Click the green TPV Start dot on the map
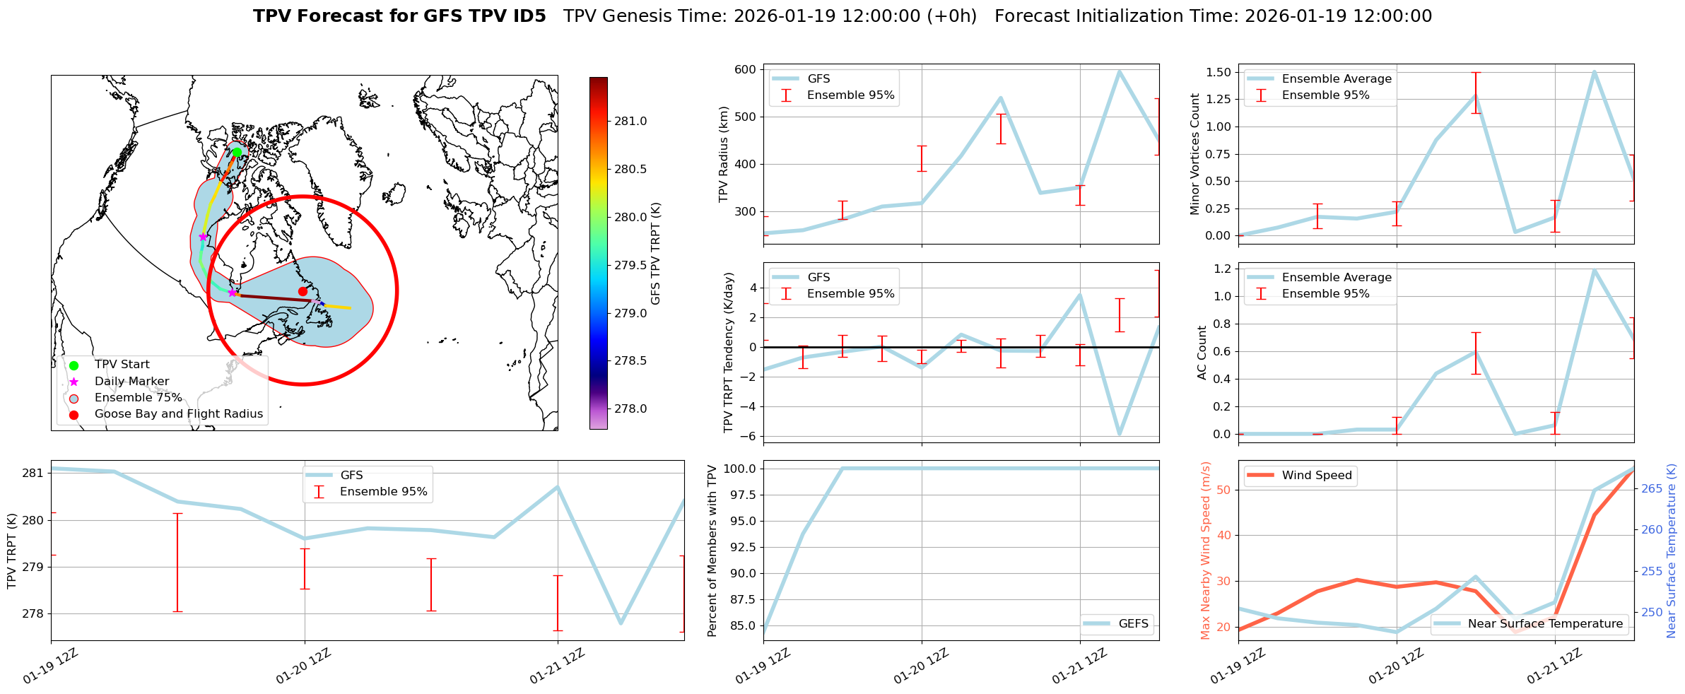pyautogui.click(x=237, y=152)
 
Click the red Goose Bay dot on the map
pyautogui.click(x=303, y=291)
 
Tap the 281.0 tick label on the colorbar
pyautogui.click(x=630, y=122)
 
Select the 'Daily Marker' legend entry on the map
pyautogui.click(x=131, y=382)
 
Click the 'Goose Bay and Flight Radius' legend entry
pyautogui.click(x=178, y=414)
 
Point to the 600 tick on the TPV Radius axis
pyautogui.click(x=746, y=69)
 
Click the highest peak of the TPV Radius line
pyautogui.click(x=1120, y=71)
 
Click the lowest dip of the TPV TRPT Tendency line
pyautogui.click(x=1120, y=435)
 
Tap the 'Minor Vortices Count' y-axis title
pyautogui.click(x=1195, y=154)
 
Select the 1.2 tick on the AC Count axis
pyautogui.click(x=1221, y=269)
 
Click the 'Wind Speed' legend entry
pyautogui.click(x=1316, y=476)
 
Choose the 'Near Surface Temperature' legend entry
pyautogui.click(x=1545, y=624)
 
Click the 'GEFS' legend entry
pyautogui.click(x=1133, y=624)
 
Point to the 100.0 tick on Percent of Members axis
pyautogui.click(x=740, y=469)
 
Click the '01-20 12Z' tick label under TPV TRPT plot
pyautogui.click(x=303, y=666)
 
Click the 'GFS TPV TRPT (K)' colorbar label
pyautogui.click(x=655, y=253)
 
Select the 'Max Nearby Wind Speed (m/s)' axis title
pyautogui.click(x=1206, y=551)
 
